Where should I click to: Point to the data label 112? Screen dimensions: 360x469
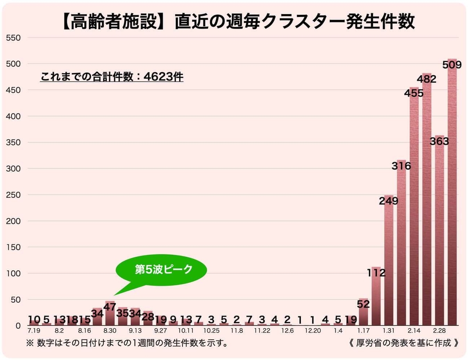pyautogui.click(x=376, y=273)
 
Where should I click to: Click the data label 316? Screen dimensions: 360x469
pyautogui.click(x=401, y=166)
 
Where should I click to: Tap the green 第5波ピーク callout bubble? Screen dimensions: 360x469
pyautogui.click(x=164, y=270)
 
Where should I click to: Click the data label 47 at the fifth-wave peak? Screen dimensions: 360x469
pyautogui.click(x=110, y=307)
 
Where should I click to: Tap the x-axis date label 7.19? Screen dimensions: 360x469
pyautogui.click(x=34, y=331)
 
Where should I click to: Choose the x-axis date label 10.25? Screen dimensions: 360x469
pyautogui.click(x=211, y=331)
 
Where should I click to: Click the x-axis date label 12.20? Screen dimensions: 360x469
pyautogui.click(x=313, y=331)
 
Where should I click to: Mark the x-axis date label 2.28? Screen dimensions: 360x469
pyautogui.click(x=439, y=331)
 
